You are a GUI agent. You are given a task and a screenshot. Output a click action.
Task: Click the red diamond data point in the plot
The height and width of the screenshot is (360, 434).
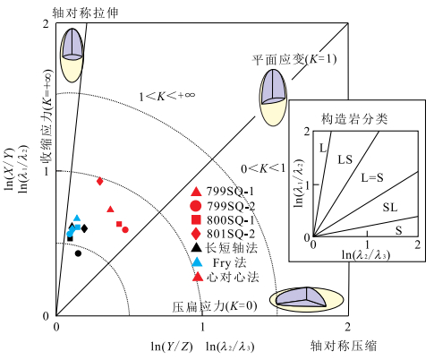(x=100, y=181)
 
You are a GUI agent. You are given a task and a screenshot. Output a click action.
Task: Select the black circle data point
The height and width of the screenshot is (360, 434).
(x=78, y=253)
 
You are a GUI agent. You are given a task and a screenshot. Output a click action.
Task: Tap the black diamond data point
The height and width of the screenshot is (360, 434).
(x=84, y=228)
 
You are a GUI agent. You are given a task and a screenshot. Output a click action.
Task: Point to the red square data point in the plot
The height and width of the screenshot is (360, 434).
(x=119, y=224)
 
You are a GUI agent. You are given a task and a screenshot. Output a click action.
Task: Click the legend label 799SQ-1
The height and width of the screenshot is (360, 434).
(x=230, y=192)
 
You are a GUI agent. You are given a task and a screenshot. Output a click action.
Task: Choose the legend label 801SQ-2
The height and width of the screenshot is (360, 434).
(x=231, y=234)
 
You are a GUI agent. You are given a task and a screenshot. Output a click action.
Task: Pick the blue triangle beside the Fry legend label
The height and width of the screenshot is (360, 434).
(x=197, y=262)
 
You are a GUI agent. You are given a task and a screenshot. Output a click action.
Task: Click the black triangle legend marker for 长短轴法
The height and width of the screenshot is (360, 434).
(x=196, y=247)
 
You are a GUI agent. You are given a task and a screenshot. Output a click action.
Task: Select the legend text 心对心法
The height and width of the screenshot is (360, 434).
(x=233, y=278)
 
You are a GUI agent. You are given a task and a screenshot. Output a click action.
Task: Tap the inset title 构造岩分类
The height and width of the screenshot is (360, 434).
(x=354, y=119)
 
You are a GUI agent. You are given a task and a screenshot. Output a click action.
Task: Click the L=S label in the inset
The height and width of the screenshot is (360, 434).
(x=372, y=178)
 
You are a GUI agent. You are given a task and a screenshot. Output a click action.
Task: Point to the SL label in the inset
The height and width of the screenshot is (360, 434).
(x=390, y=207)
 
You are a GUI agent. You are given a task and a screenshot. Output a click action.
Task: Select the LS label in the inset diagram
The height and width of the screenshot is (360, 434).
(x=345, y=159)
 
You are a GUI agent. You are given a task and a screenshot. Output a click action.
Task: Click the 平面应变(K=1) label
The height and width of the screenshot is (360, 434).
(x=294, y=59)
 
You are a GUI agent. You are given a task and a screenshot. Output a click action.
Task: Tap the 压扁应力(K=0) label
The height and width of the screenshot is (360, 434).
(x=215, y=306)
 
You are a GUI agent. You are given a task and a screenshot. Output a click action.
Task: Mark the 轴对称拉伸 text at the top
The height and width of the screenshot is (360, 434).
(x=86, y=13)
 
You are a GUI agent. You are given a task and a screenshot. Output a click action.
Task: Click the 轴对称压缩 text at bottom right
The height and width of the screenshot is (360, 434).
(x=344, y=346)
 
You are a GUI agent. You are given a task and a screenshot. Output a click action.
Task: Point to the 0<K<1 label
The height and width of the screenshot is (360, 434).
(x=263, y=168)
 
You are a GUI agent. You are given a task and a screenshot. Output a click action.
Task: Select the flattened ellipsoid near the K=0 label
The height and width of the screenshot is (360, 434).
(x=307, y=299)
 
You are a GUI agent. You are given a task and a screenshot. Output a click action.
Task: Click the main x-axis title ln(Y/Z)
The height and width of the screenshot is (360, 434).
(x=172, y=347)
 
